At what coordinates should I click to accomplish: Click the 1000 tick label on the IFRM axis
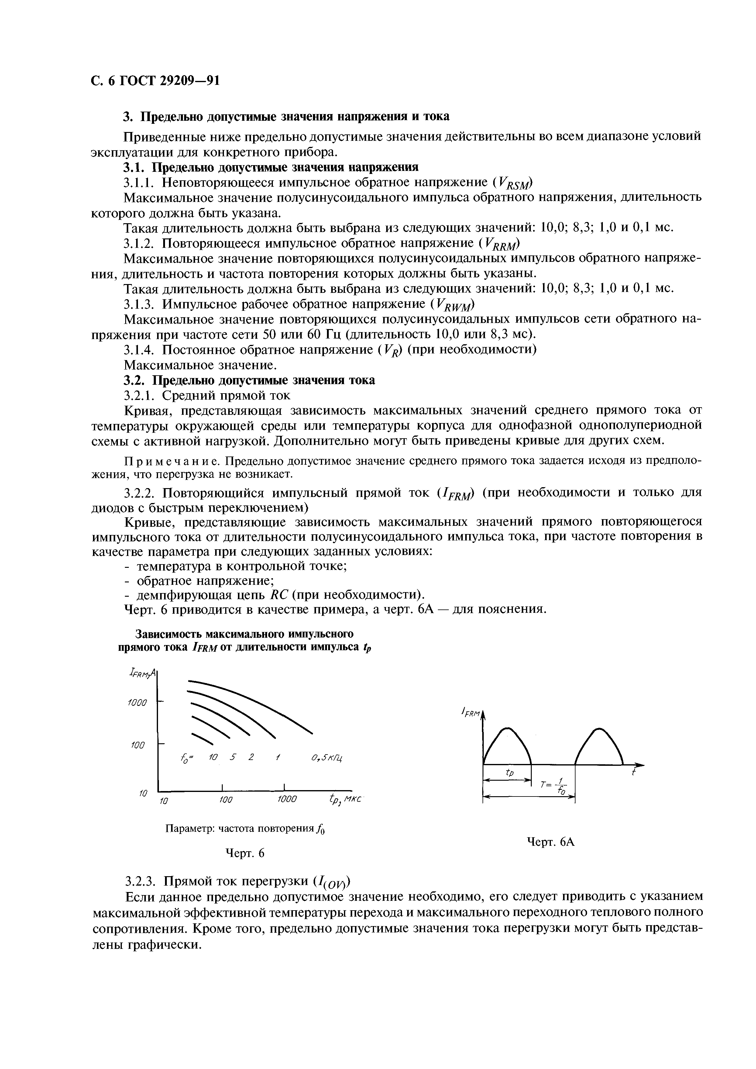pyautogui.click(x=138, y=702)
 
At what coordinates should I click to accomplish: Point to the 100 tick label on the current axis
pyautogui.click(x=139, y=745)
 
